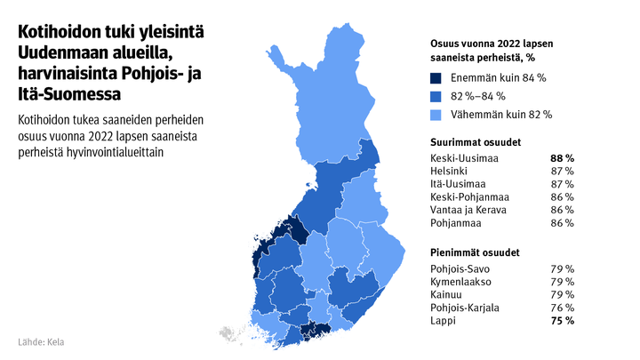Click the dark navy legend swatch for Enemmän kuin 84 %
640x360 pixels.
436,78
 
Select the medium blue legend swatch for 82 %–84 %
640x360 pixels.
436,96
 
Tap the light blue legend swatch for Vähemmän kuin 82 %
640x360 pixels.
436,114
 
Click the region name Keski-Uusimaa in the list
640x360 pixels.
464,158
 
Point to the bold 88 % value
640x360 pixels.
562,158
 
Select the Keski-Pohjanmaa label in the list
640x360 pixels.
469,196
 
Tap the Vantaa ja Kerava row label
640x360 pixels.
468,210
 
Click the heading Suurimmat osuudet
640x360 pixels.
476,142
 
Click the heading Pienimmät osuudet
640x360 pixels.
476,252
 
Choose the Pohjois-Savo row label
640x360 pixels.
460,268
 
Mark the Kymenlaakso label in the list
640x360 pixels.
460,282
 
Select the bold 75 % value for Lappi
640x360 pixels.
562,320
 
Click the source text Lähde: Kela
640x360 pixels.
41,342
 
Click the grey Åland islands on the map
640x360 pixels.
229,334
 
